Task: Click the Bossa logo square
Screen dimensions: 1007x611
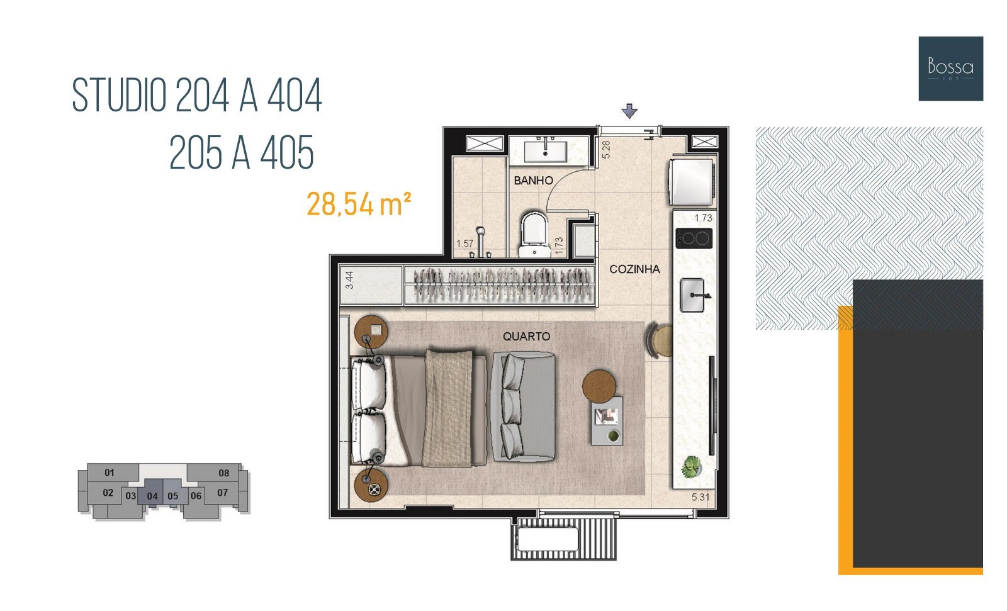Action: (951, 69)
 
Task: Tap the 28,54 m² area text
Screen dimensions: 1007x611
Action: (359, 204)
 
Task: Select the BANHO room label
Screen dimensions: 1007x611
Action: (533, 181)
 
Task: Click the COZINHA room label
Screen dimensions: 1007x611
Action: (634, 269)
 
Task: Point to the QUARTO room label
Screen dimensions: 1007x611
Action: (526, 336)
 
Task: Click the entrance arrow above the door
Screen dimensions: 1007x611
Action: (629, 111)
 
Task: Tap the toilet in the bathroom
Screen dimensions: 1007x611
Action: (534, 235)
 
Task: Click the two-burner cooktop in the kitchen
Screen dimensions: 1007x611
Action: (694, 238)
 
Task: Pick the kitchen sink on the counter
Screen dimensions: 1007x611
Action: (692, 295)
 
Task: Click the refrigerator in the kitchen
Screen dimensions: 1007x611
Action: (692, 182)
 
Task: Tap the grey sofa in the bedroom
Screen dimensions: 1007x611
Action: (524, 407)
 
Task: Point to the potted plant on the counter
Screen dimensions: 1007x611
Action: (691, 467)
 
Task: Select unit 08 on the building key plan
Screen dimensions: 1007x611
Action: (224, 473)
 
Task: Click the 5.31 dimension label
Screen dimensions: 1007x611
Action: (700, 497)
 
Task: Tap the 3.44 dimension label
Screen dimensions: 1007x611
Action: (349, 279)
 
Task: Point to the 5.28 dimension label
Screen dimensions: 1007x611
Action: (606, 150)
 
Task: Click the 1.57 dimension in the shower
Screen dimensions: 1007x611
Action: (465, 244)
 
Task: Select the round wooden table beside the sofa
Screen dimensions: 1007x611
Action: (599, 386)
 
